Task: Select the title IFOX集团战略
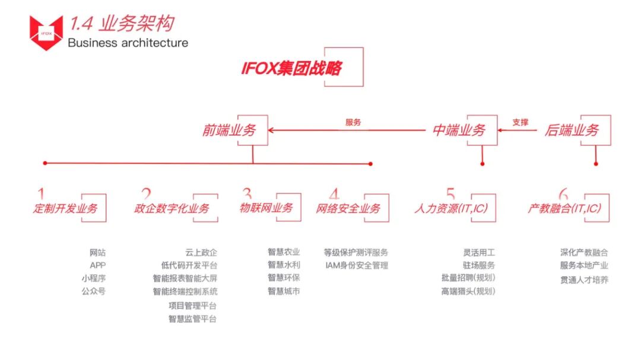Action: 291,68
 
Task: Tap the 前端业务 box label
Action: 229,130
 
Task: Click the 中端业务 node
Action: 459,130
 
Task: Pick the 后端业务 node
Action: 572,130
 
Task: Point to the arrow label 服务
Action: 353,123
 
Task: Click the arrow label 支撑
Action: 520,123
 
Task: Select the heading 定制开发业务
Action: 66,208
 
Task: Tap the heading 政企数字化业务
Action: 172,208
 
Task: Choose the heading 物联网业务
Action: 266,208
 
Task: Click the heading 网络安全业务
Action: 348,208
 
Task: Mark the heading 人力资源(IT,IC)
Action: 451,208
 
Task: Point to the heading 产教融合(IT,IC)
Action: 564,208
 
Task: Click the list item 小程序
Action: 94,279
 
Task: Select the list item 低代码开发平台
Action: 189,266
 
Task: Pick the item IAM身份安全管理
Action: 357,266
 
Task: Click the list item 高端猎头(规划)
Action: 468,291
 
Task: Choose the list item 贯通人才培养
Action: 584,279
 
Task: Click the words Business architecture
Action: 128,43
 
